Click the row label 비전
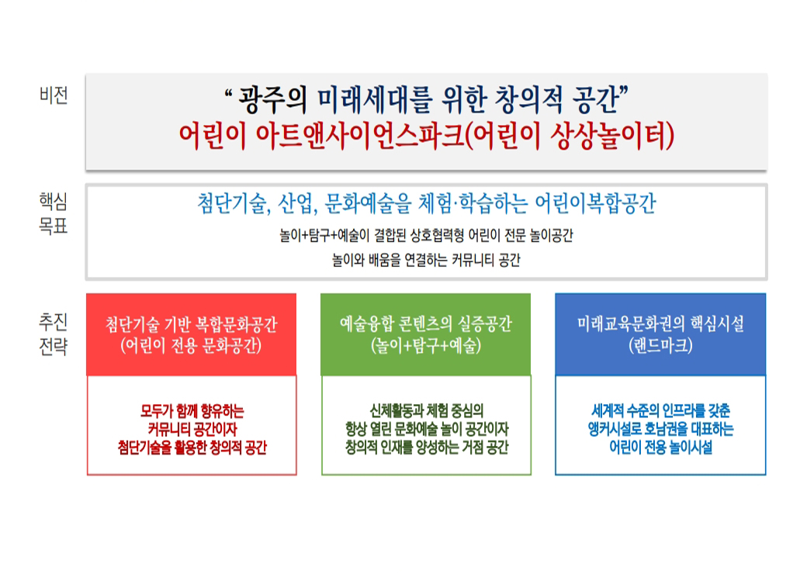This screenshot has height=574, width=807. [x=54, y=95]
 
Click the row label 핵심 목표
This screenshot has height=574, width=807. [x=54, y=213]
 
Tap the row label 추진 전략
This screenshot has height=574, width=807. [x=54, y=334]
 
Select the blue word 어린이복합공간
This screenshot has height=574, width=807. [x=595, y=204]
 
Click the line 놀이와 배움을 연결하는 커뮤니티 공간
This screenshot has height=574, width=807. [x=426, y=260]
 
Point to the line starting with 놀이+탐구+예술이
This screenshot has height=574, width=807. [x=426, y=236]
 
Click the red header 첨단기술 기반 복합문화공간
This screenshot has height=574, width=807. [x=192, y=324]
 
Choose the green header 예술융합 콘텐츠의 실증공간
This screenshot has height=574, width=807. [x=426, y=324]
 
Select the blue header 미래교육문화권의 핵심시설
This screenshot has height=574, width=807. [x=660, y=324]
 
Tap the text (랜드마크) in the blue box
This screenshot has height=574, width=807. [x=660, y=345]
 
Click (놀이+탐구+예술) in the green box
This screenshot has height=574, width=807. [x=426, y=345]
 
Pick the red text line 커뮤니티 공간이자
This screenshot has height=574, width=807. [x=192, y=429]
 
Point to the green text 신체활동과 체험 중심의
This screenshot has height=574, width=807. [x=426, y=410]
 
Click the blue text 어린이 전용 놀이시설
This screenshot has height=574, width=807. [x=661, y=447]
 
